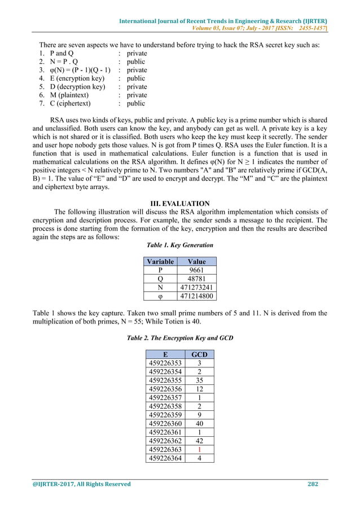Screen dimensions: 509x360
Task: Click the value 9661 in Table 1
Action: (x=197, y=270)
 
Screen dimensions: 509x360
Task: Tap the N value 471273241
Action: (x=197, y=287)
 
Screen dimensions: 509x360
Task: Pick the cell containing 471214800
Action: (x=197, y=295)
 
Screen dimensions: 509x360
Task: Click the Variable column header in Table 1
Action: (x=160, y=261)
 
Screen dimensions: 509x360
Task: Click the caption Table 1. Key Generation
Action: (x=180, y=245)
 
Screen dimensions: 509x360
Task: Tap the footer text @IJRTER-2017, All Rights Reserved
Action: (x=83, y=484)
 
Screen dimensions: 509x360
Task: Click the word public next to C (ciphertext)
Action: (x=136, y=103)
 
